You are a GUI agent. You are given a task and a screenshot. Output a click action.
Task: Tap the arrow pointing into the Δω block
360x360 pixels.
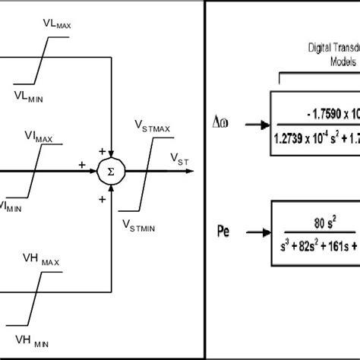click(257, 122)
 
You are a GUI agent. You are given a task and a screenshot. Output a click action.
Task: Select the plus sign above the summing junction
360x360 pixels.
click(101, 152)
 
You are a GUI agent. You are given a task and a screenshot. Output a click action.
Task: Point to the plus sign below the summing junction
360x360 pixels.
click(102, 199)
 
